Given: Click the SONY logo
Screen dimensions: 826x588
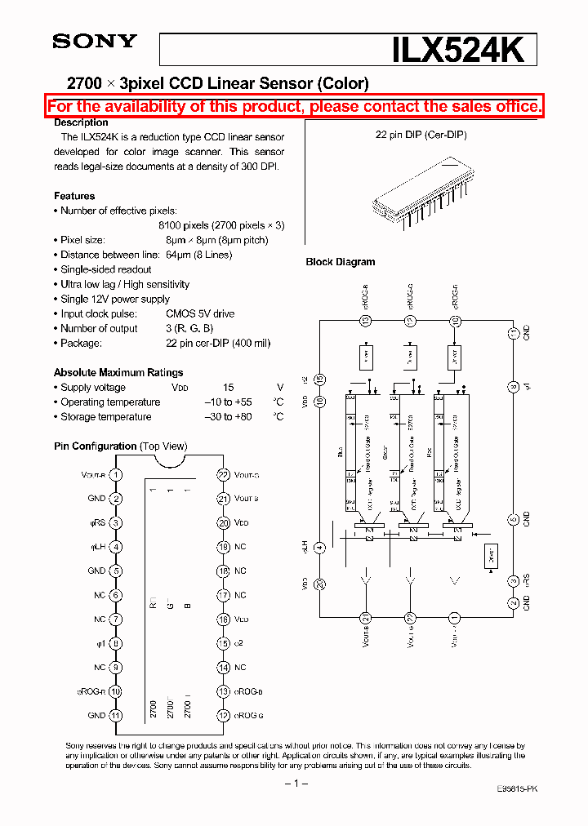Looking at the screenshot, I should coord(95,42).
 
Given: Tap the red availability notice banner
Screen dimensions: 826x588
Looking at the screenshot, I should coord(294,106).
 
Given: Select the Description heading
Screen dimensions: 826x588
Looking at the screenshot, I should coord(81,122).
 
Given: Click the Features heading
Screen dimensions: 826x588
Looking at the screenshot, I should coord(74,196).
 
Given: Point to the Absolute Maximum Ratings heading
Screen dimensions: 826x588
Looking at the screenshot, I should coord(118,372).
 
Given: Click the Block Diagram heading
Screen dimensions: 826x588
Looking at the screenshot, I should coord(340,262).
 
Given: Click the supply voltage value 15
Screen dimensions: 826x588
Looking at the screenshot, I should coord(229,388).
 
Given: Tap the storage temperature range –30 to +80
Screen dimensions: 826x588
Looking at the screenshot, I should coord(228,417).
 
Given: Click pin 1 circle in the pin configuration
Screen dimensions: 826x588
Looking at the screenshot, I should coord(116,474).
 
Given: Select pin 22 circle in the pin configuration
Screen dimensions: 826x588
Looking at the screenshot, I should coord(222,474).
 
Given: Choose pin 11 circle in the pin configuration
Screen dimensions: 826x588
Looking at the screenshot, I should coord(116,715).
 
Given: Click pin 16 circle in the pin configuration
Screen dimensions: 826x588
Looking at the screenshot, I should coord(222,619).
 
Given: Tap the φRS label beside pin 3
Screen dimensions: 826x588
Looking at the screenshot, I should coord(96,523).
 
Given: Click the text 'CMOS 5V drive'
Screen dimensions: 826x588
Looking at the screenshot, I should coord(199,314).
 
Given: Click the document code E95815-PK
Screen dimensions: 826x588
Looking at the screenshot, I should coord(516,788).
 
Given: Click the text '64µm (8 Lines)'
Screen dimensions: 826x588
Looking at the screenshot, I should coord(198,255).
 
